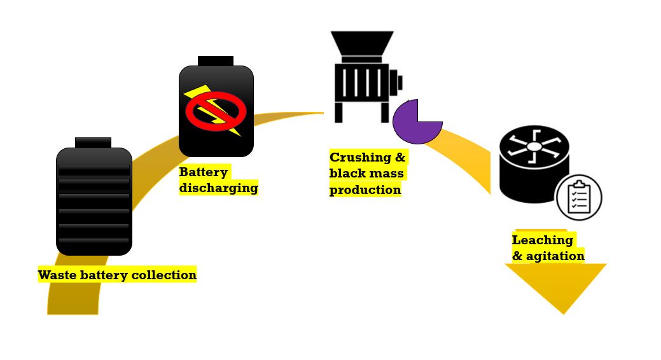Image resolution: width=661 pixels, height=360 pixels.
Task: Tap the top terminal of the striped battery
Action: [x=93, y=142]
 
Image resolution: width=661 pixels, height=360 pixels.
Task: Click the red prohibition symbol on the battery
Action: [x=216, y=111]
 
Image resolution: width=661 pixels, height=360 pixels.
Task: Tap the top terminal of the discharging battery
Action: [x=216, y=61]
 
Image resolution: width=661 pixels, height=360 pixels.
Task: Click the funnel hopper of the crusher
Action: [x=362, y=43]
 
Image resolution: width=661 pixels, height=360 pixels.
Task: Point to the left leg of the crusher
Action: [x=338, y=112]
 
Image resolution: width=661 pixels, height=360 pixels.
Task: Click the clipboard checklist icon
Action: [x=579, y=197]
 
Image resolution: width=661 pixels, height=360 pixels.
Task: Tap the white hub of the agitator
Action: [x=534, y=147]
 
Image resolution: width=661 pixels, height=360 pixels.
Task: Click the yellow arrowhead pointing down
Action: [x=556, y=287]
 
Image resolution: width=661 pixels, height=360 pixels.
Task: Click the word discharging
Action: [x=218, y=188]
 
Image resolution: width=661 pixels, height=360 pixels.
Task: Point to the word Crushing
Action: [x=361, y=157]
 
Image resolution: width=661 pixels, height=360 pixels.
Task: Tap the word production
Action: [x=365, y=190]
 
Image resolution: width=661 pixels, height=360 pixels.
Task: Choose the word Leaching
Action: [x=543, y=240]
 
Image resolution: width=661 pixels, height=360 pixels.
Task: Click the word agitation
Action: [x=555, y=256]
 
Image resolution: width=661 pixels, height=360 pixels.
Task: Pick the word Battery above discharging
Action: [x=203, y=172]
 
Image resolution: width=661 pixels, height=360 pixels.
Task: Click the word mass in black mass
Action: [x=387, y=173]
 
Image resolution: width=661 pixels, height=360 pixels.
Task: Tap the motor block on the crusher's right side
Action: [x=396, y=83]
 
